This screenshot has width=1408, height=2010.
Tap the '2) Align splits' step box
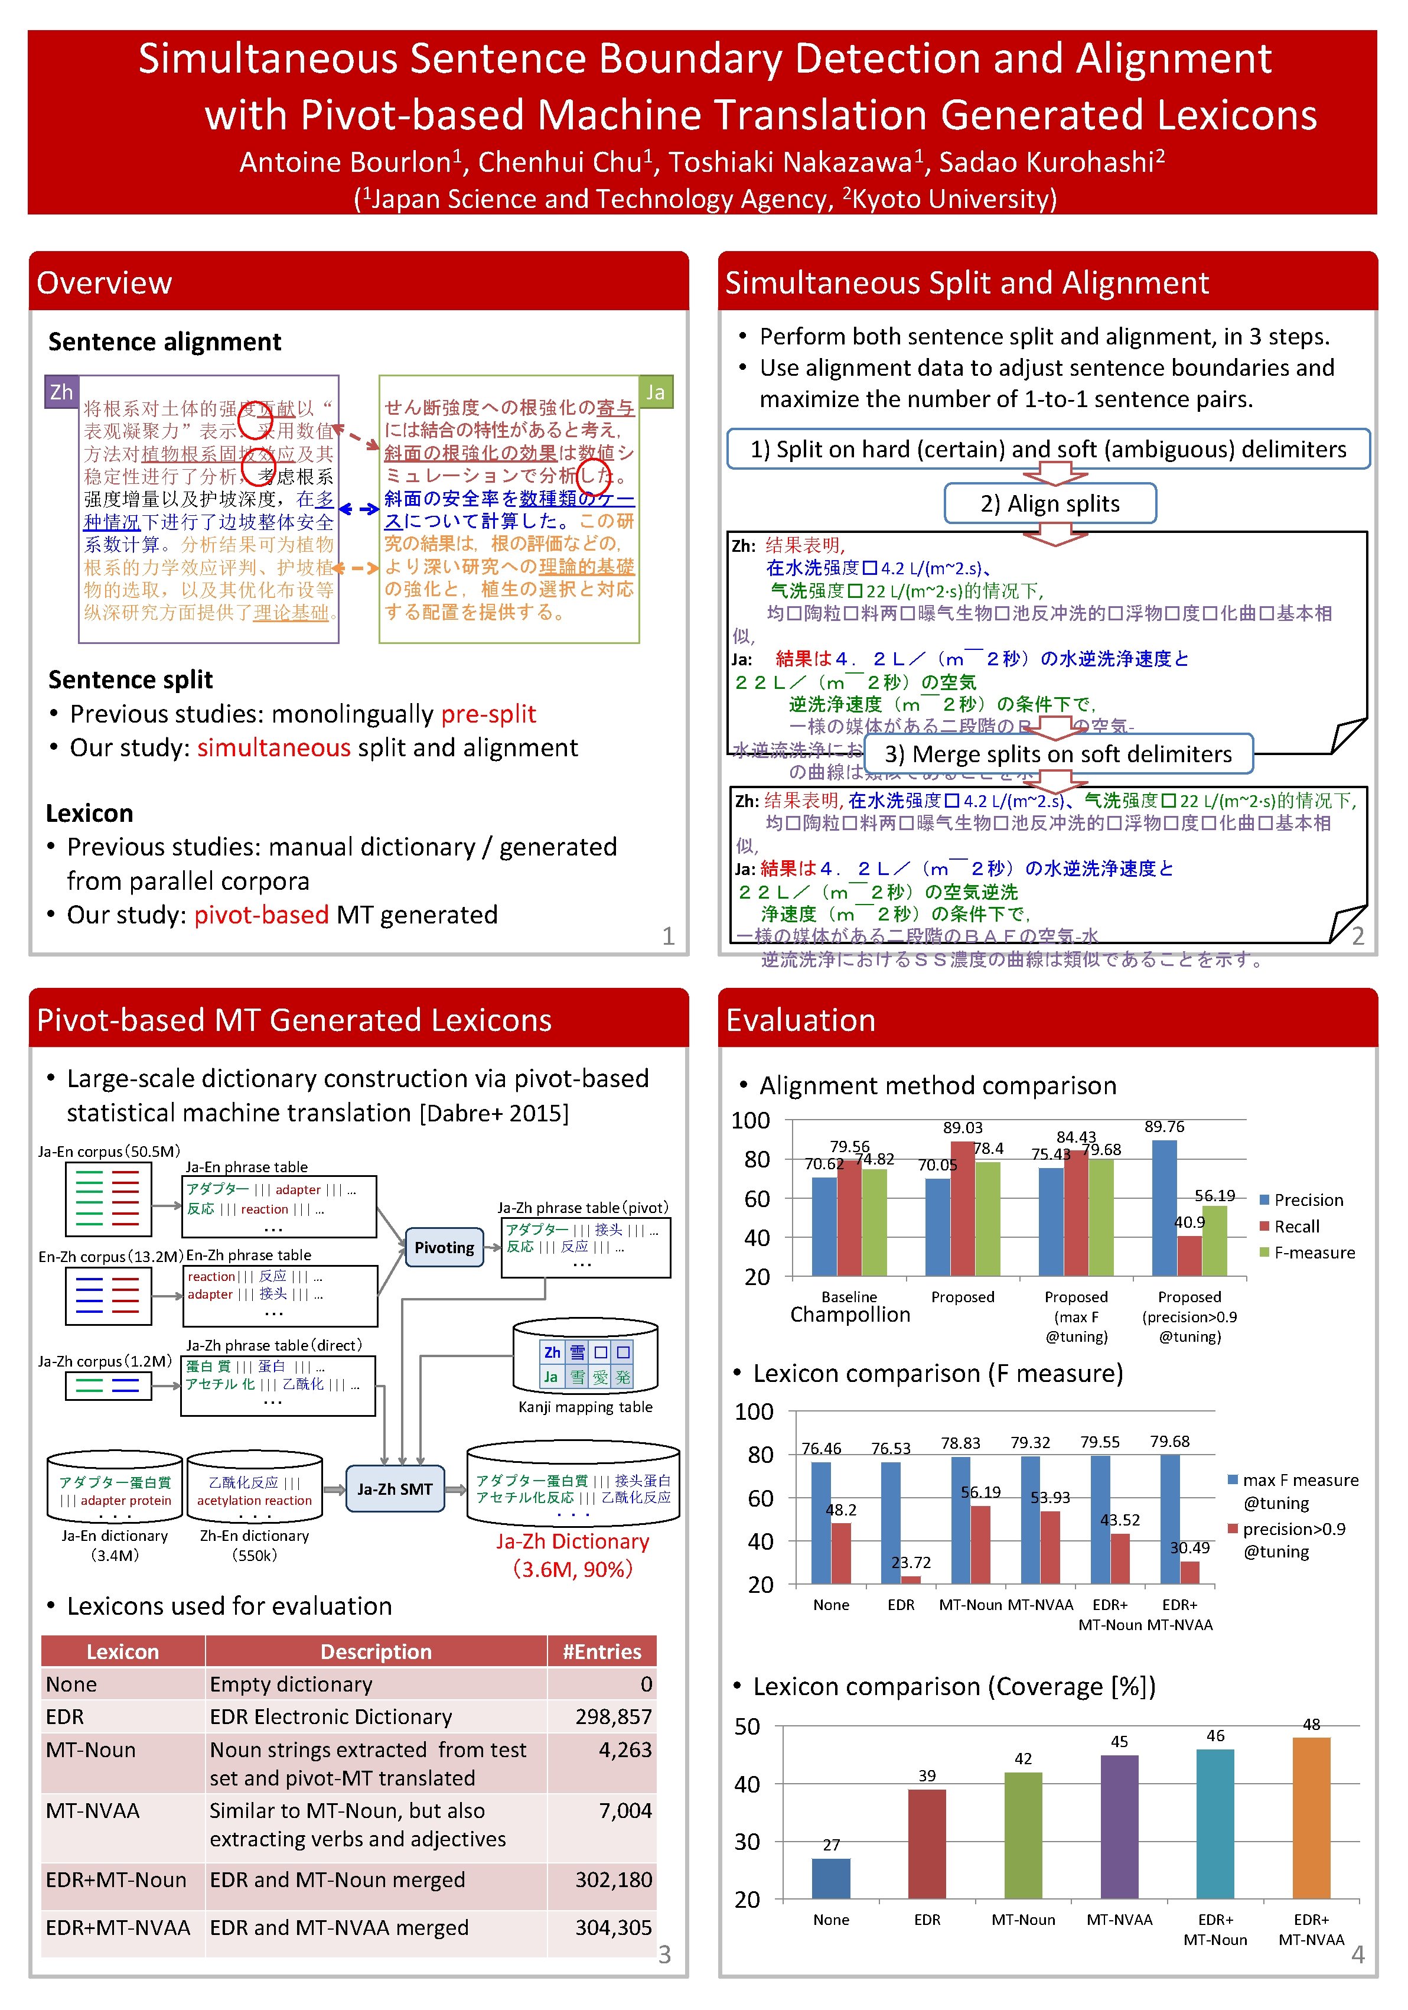1050,503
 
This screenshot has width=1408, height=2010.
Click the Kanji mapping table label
585,1407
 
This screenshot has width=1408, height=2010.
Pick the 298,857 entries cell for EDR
612,1717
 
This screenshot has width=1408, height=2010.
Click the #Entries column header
601,1651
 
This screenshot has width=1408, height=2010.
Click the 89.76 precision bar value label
1164,1127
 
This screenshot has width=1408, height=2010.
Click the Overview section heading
104,283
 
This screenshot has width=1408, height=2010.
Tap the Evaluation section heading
801,1020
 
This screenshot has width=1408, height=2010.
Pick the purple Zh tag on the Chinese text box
61,391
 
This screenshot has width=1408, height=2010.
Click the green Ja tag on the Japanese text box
656,391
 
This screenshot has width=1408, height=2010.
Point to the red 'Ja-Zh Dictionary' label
572,1541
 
